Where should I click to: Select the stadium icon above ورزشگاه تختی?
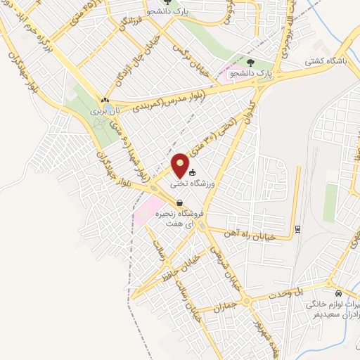point(192,173)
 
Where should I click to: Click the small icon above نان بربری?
point(105,101)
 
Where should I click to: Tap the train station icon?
point(297,229)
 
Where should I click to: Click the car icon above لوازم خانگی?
point(338,293)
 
